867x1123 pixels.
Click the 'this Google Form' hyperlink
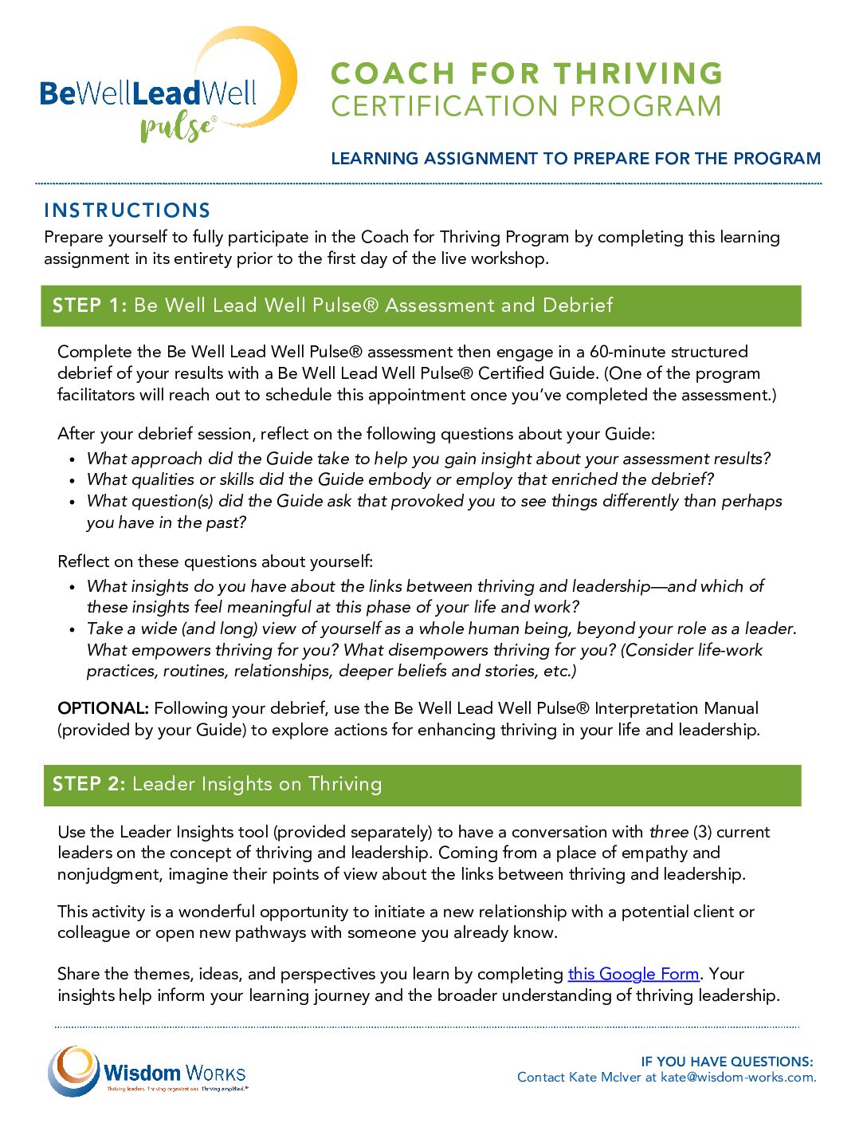pyautogui.click(x=633, y=974)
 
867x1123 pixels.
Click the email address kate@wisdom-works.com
pyautogui.click(x=738, y=1078)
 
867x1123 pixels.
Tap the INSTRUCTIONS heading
pyautogui.click(x=127, y=211)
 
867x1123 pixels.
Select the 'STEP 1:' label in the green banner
pyautogui.click(x=89, y=305)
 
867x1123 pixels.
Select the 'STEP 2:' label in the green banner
pyautogui.click(x=88, y=785)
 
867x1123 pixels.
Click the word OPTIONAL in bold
pyautogui.click(x=103, y=708)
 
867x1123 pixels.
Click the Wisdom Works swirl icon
pyautogui.click(x=73, y=1070)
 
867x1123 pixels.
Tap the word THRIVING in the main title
pyautogui.click(x=638, y=73)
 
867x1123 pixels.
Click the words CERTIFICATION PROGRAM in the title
pyautogui.click(x=526, y=106)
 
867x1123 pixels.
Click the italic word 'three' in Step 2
pyautogui.click(x=669, y=832)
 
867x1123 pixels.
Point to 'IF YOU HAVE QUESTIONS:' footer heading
pyautogui.click(x=727, y=1062)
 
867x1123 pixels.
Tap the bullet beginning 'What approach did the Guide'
pyautogui.click(x=429, y=459)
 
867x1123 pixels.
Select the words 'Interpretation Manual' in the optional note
pyautogui.click(x=677, y=708)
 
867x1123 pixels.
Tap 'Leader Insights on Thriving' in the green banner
pyautogui.click(x=257, y=785)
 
